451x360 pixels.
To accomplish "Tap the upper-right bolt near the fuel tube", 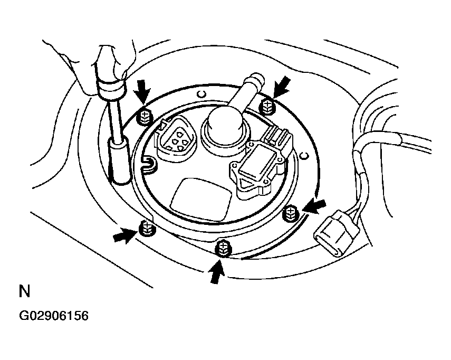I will pos(268,107).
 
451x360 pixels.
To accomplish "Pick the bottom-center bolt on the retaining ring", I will pos(224,247).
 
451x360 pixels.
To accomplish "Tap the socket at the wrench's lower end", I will pos(120,160).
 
